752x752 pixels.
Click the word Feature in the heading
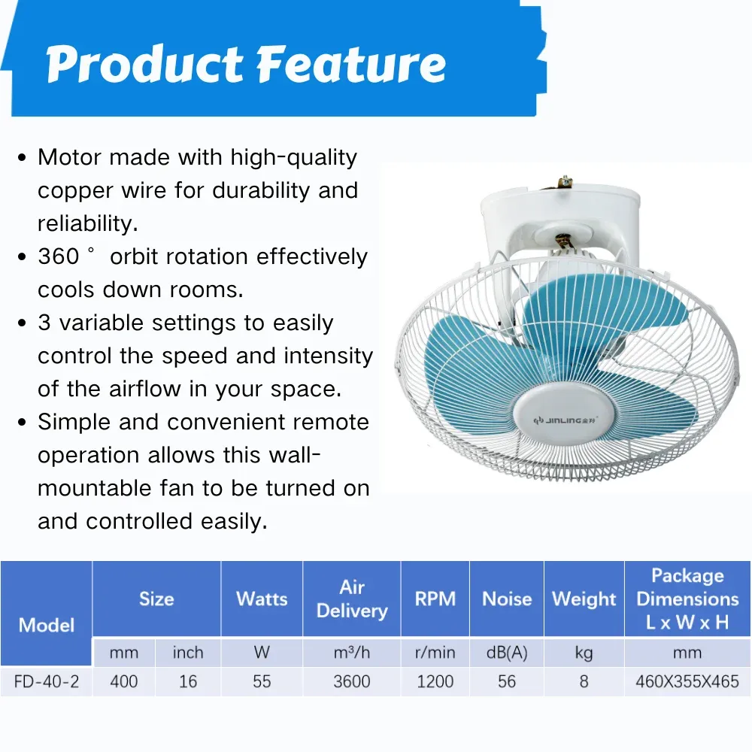(351, 64)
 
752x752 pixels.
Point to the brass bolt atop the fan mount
(565, 182)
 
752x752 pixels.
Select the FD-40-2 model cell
(47, 681)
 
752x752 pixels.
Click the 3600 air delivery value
(351, 681)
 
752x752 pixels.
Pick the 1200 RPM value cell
(435, 681)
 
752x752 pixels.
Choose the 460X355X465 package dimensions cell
(687, 681)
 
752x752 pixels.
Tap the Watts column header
(262, 599)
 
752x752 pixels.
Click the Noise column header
(507, 599)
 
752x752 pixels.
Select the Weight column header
(584, 599)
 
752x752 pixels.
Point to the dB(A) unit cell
(507, 653)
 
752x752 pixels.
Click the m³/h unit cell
(351, 653)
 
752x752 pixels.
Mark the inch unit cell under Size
(188, 653)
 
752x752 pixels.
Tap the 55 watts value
(262, 681)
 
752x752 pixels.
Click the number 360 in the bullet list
(59, 256)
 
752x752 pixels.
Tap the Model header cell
(47, 613)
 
